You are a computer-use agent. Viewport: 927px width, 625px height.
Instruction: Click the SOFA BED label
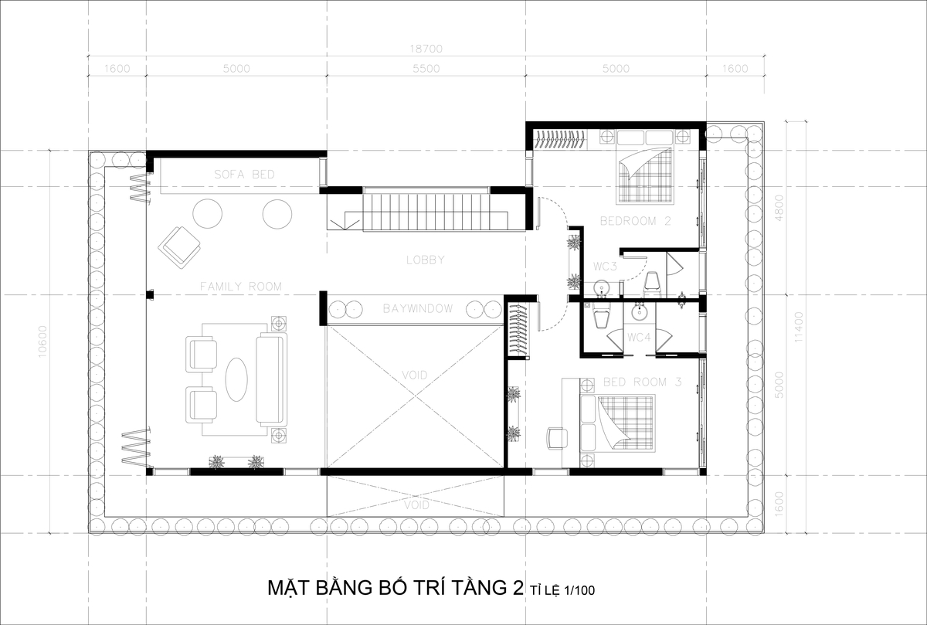[244, 175]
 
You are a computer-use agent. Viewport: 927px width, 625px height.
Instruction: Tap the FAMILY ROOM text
[241, 287]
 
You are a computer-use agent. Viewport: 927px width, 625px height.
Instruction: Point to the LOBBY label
[426, 260]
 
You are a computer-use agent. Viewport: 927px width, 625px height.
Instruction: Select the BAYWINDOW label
[418, 309]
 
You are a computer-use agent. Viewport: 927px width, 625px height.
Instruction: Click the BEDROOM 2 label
[635, 221]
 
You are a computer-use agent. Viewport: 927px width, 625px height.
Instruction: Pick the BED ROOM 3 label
[642, 382]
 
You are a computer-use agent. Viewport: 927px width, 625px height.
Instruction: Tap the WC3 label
[605, 267]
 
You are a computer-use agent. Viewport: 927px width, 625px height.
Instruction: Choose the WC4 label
[639, 338]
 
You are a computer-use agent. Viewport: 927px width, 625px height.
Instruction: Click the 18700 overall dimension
[426, 49]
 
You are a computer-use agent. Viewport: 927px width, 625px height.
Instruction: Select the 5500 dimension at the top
[426, 68]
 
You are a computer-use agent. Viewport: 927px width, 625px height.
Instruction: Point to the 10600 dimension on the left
[42, 342]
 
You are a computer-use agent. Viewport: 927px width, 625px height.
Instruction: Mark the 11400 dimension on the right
[799, 327]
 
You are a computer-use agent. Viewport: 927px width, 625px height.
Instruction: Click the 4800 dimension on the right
[779, 208]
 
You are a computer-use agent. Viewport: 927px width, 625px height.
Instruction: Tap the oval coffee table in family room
[236, 379]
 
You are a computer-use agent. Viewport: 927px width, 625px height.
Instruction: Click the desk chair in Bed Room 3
[557, 438]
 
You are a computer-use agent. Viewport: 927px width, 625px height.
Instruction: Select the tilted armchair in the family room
[179, 247]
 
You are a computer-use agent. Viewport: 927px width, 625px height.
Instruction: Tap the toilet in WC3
[653, 284]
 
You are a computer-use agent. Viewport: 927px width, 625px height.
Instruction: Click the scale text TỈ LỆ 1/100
[562, 590]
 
